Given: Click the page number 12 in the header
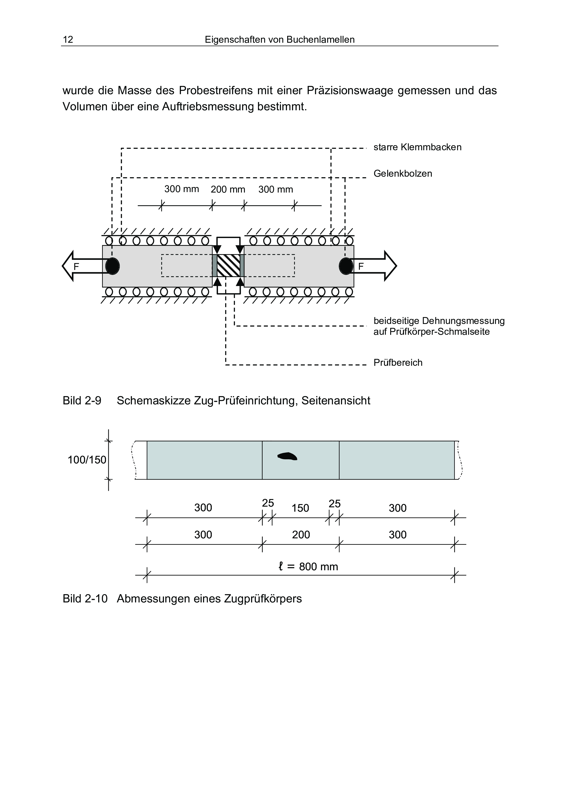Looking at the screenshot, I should pos(68,40).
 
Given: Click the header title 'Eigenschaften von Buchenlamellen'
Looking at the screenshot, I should pos(280,40).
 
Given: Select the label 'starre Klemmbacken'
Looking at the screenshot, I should pos(417,147).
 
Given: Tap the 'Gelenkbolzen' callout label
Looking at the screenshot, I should pos(402,173).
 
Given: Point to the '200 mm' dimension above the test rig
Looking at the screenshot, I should pos(228,190).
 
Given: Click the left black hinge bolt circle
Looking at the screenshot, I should pos(113,266).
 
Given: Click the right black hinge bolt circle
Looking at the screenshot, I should pos(346,266).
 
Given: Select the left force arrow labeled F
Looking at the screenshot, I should pos(83,266).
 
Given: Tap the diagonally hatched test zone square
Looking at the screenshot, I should pos(228,266).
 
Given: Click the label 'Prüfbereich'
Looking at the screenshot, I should pos(398,363).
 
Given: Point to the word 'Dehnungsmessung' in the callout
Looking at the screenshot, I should pos(463,321).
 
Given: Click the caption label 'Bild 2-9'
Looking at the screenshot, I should pos(82,400).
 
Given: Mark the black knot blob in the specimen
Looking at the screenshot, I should pos(287,456).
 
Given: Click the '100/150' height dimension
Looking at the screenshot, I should pos(87,460).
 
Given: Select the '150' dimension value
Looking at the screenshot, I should pos(300,508).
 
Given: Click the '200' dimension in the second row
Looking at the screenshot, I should pos(301,535).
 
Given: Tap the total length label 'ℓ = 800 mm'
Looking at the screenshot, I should pos(308,567).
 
